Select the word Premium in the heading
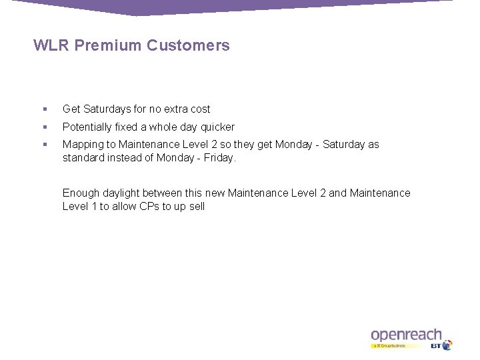tap(109, 46)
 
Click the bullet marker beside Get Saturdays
tap(43, 109)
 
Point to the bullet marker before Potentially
tap(43, 127)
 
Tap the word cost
tap(199, 109)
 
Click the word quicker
tap(216, 127)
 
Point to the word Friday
tap(221, 158)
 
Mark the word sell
tap(195, 207)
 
